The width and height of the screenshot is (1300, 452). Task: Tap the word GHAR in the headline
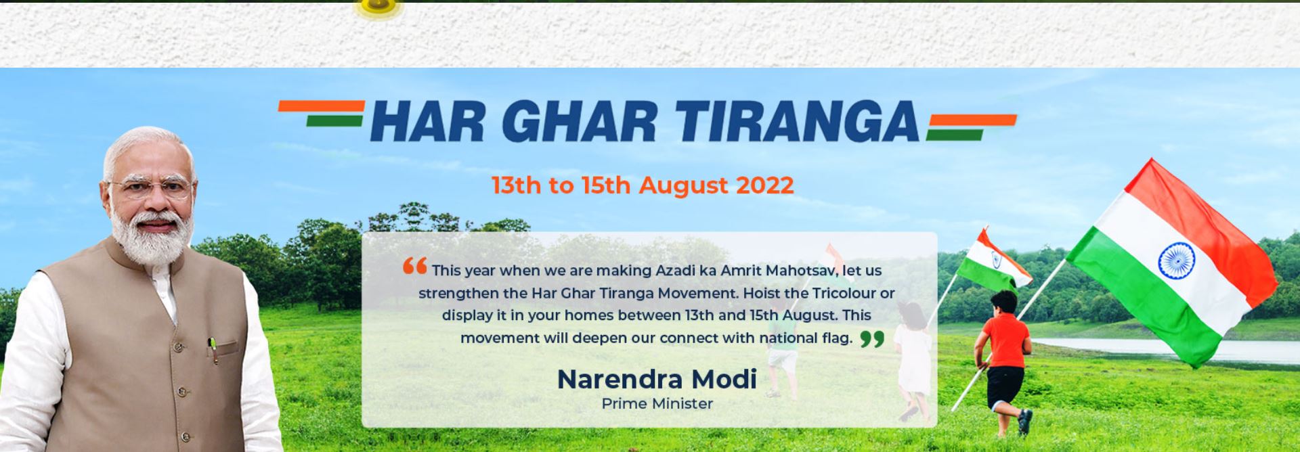(x=580, y=122)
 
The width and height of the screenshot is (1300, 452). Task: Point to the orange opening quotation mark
(x=414, y=266)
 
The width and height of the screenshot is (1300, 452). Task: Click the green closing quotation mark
(x=873, y=338)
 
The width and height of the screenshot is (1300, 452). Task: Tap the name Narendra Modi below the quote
(x=657, y=379)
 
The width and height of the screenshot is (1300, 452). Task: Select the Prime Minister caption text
(x=657, y=404)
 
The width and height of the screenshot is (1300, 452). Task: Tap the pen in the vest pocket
(x=213, y=349)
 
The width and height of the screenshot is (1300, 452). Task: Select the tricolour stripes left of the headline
(x=322, y=114)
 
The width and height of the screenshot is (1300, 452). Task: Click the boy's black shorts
(x=1004, y=385)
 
